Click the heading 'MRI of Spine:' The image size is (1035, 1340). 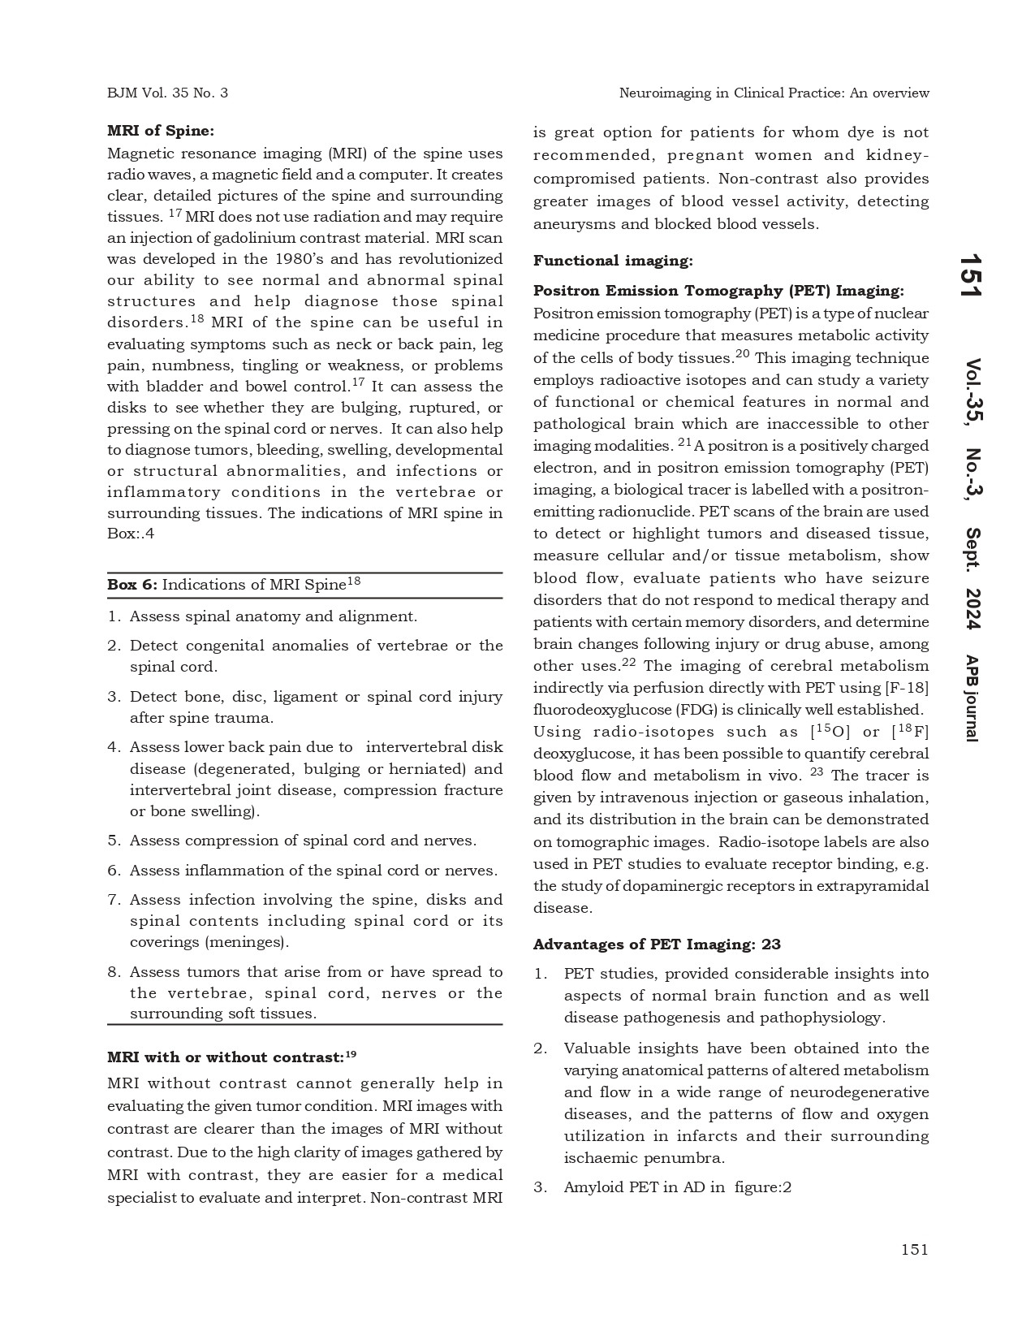[161, 130]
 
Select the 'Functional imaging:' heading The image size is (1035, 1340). [613, 261]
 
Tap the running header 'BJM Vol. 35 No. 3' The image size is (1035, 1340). [167, 93]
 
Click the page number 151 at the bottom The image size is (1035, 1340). [914, 1249]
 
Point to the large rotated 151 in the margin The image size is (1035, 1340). [971, 275]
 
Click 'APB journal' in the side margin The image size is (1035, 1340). [971, 698]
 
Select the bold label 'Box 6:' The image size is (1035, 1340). [132, 585]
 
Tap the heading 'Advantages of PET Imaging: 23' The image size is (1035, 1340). [657, 944]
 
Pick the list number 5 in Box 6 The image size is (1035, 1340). [114, 841]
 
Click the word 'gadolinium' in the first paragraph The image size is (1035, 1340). [303, 238]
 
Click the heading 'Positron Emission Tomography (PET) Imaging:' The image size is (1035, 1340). [718, 291]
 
